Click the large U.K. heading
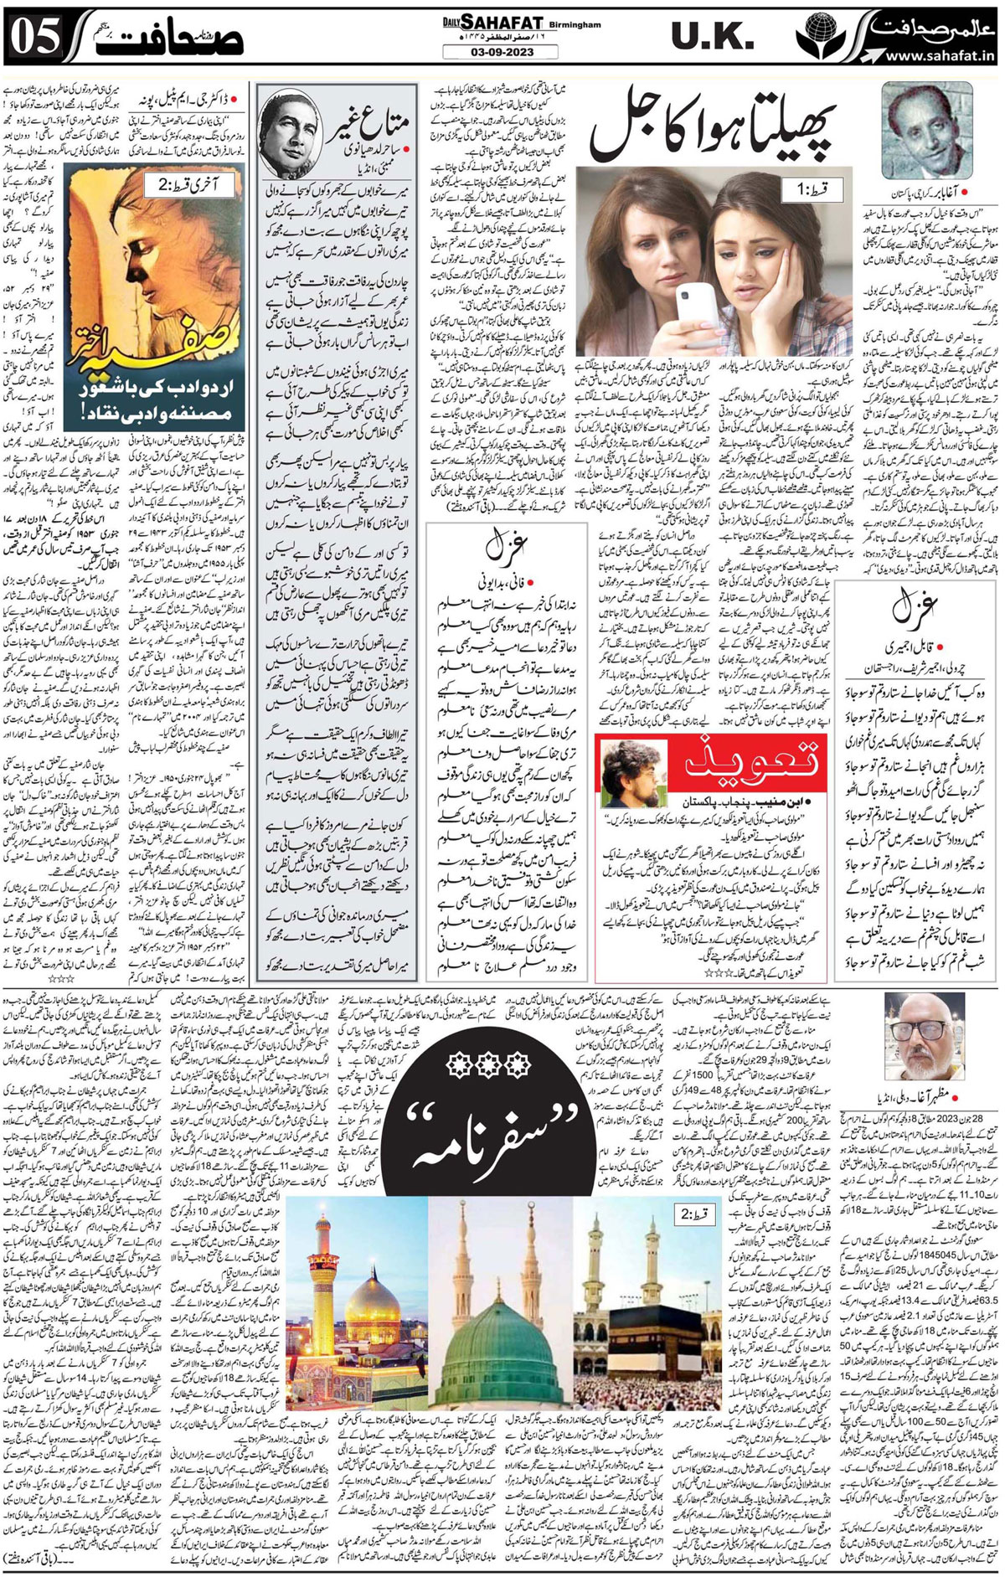(x=706, y=38)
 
